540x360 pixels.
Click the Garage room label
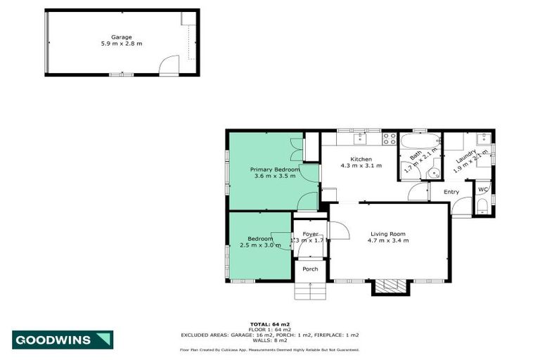[121, 37]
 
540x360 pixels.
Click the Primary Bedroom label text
[275, 170]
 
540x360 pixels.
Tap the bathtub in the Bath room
[420, 140]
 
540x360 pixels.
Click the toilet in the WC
[483, 205]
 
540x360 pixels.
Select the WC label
[483, 190]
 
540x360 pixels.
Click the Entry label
[451, 192]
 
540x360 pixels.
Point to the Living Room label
[387, 234]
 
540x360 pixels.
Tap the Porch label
[310, 269]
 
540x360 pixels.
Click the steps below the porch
[310, 290]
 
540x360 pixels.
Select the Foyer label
[310, 233]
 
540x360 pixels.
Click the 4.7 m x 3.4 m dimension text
[387, 241]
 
